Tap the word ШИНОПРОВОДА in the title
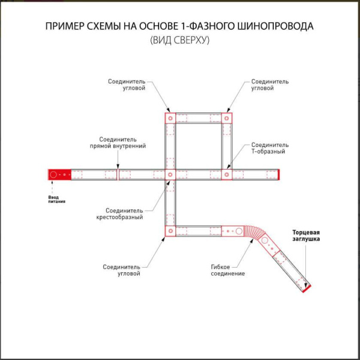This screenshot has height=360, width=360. (277, 28)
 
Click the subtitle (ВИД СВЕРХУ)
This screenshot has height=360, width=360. (179, 41)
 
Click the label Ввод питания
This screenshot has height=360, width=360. (56, 199)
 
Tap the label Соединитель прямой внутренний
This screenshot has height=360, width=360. (118, 142)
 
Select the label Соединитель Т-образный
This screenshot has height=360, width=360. (269, 148)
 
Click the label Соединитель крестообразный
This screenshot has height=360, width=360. (124, 214)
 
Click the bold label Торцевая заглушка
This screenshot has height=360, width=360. (305, 235)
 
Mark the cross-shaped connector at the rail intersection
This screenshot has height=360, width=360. (170, 175)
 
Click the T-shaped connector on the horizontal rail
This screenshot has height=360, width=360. (226, 175)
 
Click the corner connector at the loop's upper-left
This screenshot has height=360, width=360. (170, 118)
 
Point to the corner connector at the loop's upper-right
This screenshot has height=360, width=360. (226, 118)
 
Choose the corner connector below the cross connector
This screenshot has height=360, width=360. (170, 230)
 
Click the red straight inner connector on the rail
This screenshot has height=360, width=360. (118, 175)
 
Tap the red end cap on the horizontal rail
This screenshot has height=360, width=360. (279, 175)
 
